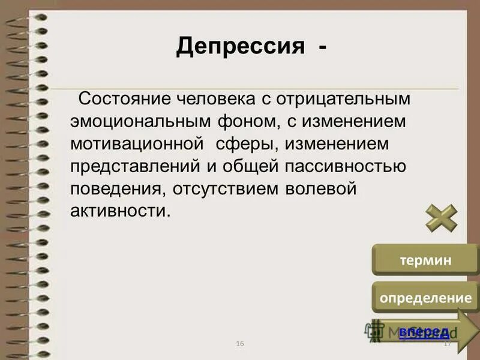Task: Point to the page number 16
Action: (240, 343)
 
